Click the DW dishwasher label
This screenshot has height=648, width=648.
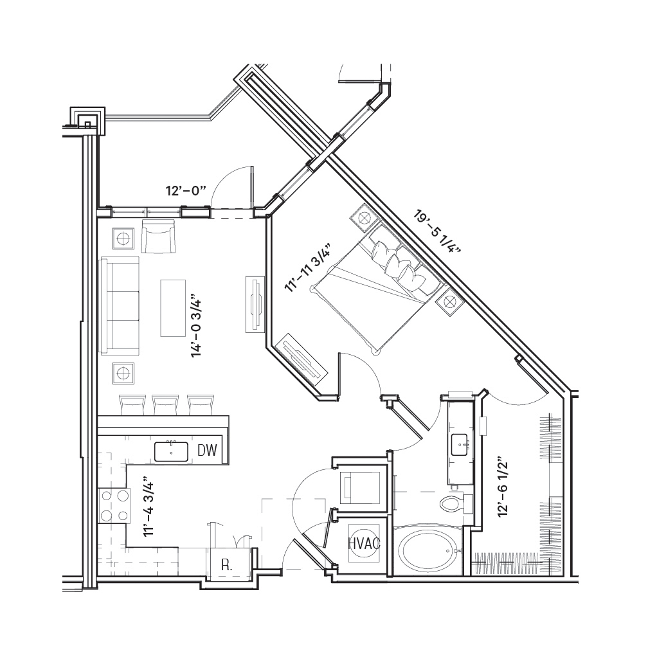(x=207, y=451)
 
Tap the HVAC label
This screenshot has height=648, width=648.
(x=364, y=543)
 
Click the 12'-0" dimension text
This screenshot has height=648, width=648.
(x=186, y=192)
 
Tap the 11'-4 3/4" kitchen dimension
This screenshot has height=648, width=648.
(x=148, y=509)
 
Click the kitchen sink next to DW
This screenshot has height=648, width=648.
(x=171, y=452)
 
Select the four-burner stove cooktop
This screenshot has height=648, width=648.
(x=114, y=505)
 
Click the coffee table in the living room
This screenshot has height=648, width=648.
(x=173, y=308)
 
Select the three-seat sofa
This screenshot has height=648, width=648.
(x=120, y=305)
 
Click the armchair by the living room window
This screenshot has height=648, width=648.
(x=158, y=236)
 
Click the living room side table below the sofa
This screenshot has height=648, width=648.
(x=123, y=373)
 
